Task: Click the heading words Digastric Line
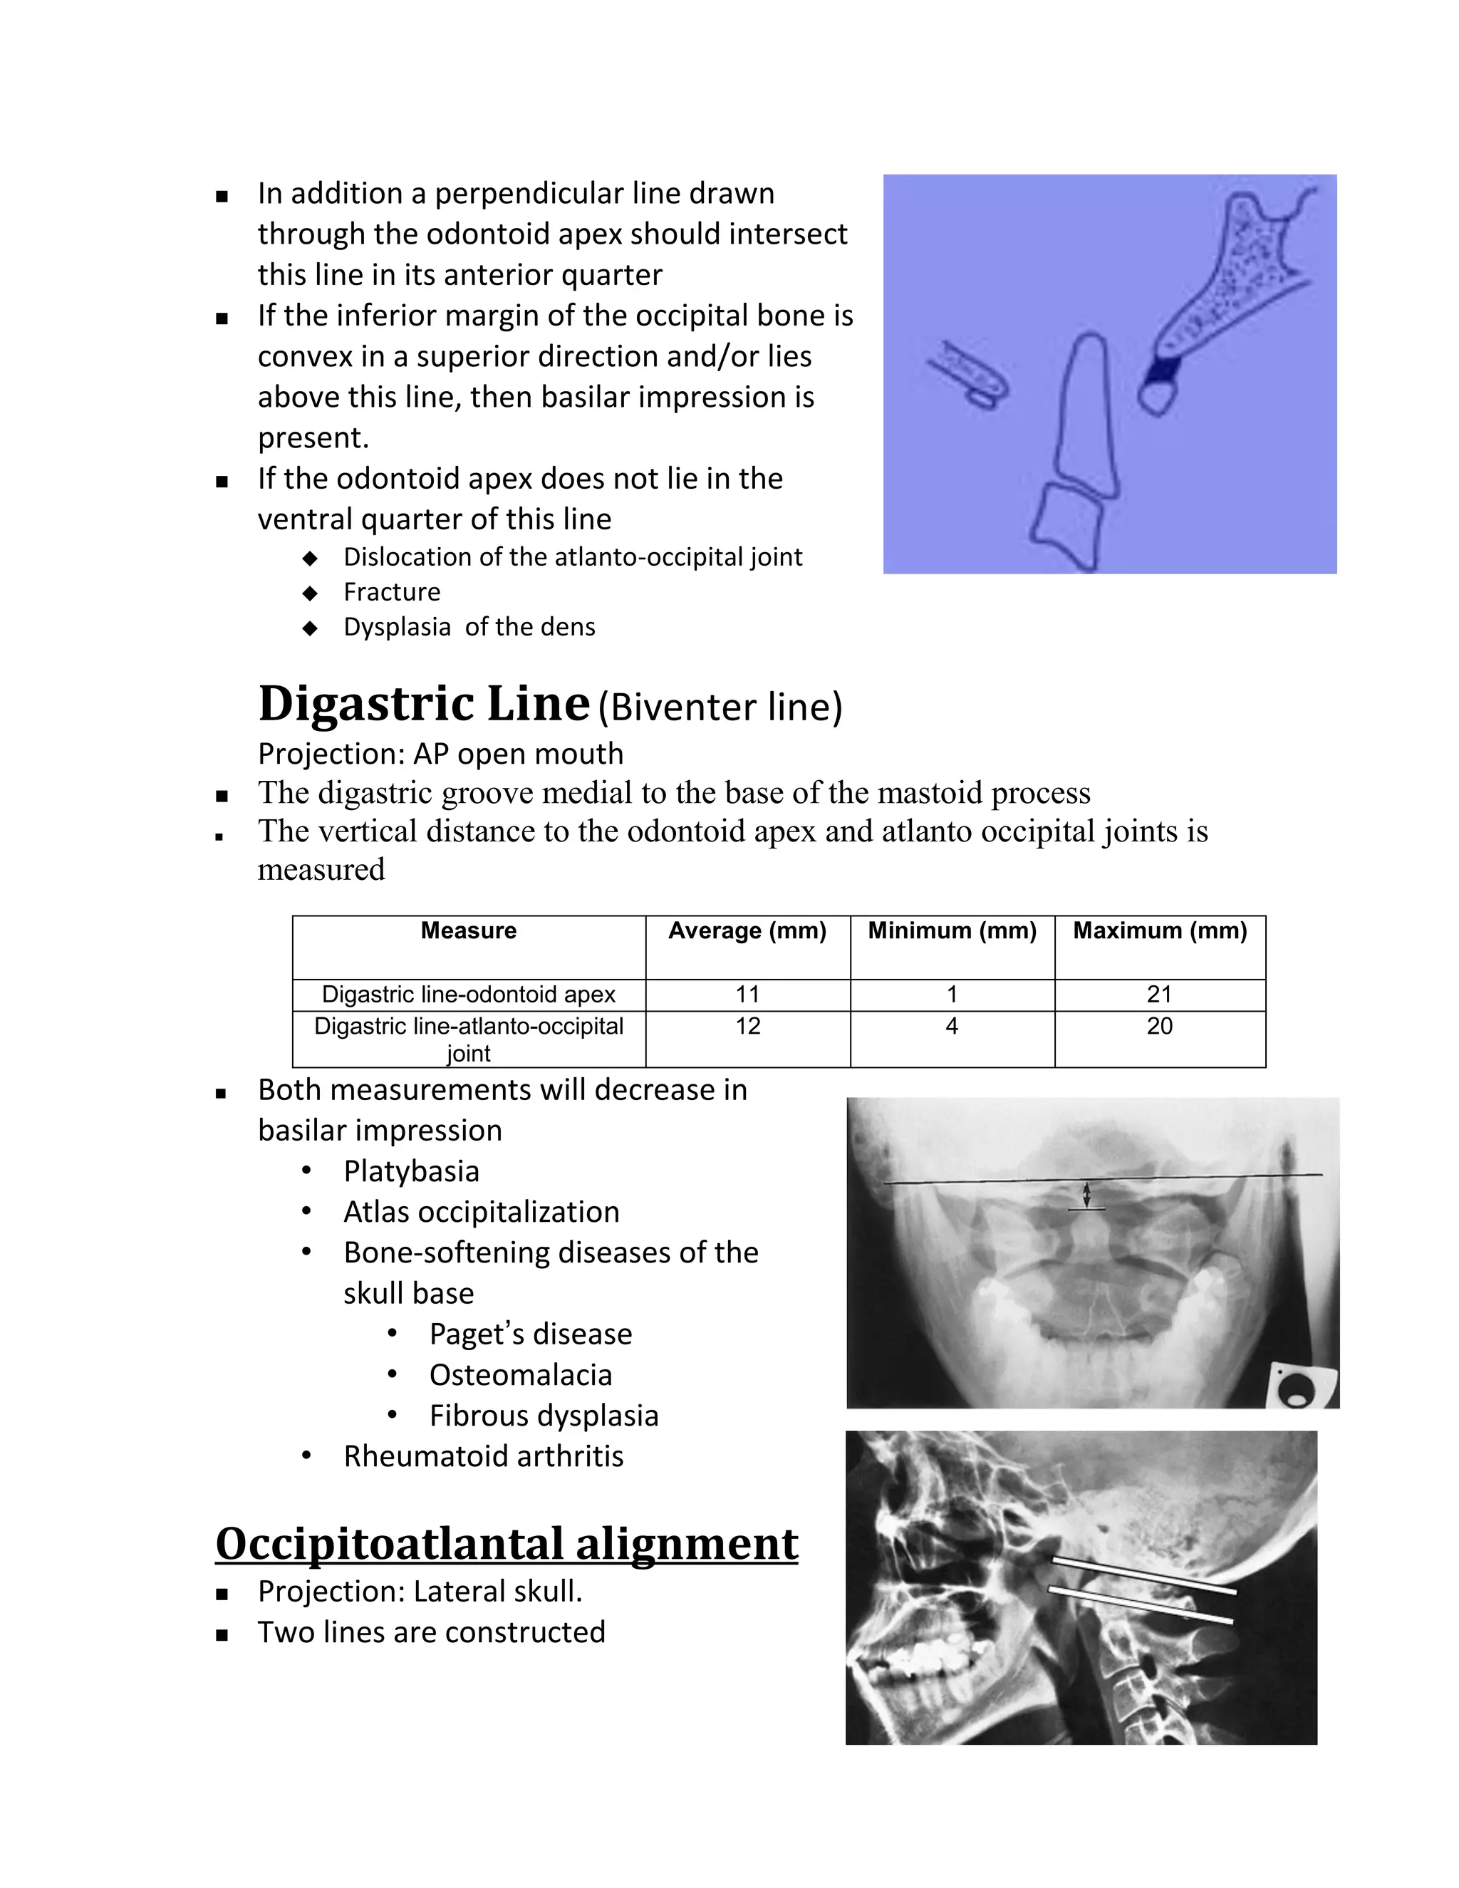coord(424,704)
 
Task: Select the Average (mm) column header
coord(747,931)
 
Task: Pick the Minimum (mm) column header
coord(952,931)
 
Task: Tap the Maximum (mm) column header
coord(1159,931)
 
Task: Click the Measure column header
coord(469,931)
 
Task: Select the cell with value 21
coord(1159,995)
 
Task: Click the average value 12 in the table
coord(747,1027)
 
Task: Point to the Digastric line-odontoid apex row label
coord(469,995)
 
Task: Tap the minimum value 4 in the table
coord(952,1027)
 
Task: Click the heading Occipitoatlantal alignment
coord(507,1544)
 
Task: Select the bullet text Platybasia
coord(412,1171)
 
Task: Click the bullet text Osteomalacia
coord(520,1375)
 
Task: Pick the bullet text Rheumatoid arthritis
coord(483,1457)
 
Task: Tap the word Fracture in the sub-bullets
coord(392,592)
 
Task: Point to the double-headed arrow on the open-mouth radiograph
coord(1087,1195)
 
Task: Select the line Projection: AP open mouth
coord(440,754)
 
